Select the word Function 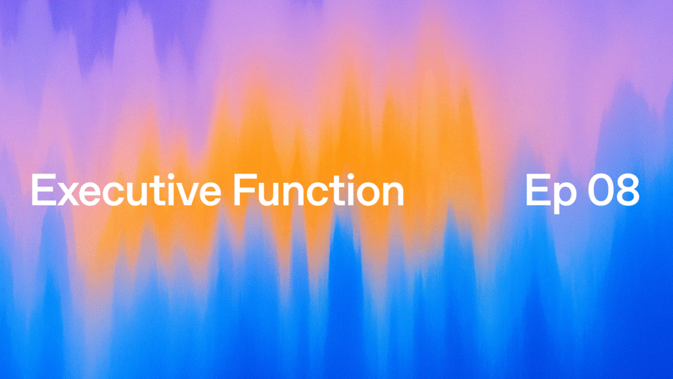click(x=318, y=191)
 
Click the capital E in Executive click(x=42, y=191)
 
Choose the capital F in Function click(x=241, y=191)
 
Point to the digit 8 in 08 click(x=627, y=191)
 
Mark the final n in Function click(x=392, y=195)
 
